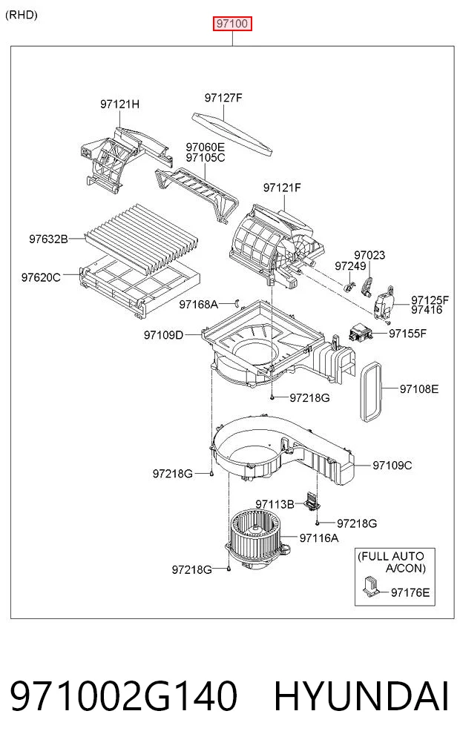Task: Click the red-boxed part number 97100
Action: [x=232, y=24]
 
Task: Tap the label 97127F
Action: [x=223, y=98]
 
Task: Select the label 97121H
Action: [x=119, y=104]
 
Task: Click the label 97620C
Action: [x=41, y=277]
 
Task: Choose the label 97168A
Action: [x=198, y=305]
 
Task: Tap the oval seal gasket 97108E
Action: [x=371, y=392]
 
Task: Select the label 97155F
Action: [x=407, y=333]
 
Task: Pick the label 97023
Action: [x=369, y=255]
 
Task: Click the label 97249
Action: [x=350, y=266]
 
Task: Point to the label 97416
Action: [x=427, y=310]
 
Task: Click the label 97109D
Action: [x=164, y=334]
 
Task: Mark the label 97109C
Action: [x=392, y=465]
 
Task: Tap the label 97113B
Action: [x=275, y=504]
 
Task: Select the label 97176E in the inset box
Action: [x=410, y=592]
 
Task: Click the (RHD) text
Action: [x=22, y=15]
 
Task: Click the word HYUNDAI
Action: [x=361, y=696]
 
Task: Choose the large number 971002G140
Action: [x=124, y=696]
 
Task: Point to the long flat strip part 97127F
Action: [x=233, y=135]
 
